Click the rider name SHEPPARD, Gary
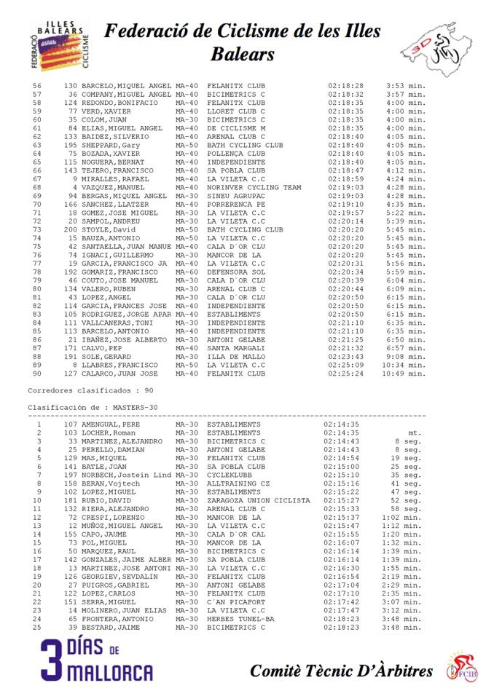click(x=110, y=146)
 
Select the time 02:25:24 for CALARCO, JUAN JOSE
click(x=345, y=374)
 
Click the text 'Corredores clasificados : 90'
click(x=90, y=391)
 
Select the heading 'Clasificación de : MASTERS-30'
click(x=93, y=407)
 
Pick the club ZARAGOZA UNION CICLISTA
click(x=259, y=500)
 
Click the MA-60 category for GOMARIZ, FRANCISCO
click(x=187, y=272)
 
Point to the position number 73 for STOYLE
click(x=37, y=230)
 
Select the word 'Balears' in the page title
click(x=243, y=54)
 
